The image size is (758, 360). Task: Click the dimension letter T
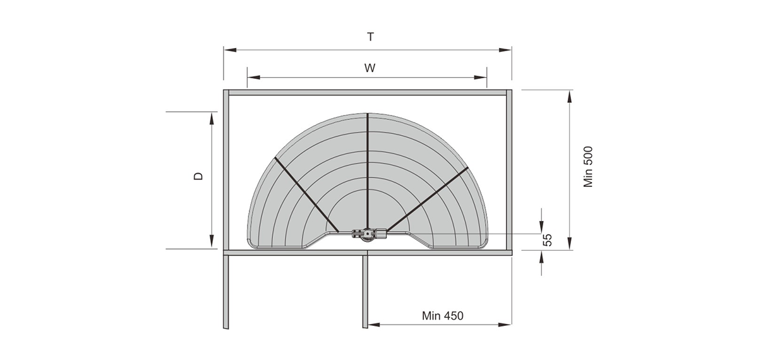point(371,37)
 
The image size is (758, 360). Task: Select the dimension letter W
point(370,68)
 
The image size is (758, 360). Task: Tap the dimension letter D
point(198,176)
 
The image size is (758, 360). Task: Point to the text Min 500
point(588,167)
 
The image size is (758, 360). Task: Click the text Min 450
point(443,316)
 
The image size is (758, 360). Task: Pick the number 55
point(547,240)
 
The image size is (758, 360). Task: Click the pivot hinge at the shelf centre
point(369,234)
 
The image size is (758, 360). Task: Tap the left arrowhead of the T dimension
point(230,50)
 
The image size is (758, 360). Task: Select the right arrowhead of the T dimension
point(505,50)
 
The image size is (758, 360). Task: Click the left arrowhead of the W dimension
point(254,78)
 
